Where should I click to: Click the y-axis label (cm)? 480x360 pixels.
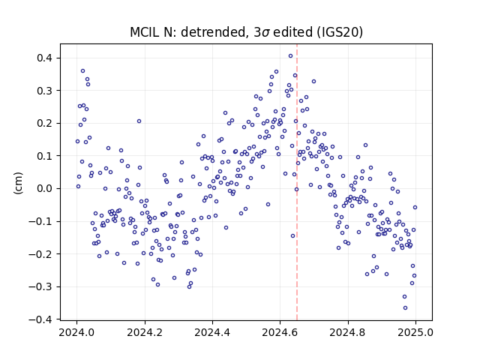(x=18, y=183)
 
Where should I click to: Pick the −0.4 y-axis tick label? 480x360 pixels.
(x=42, y=319)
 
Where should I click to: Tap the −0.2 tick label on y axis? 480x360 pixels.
(x=42, y=253)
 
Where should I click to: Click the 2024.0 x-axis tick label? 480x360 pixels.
(x=76, y=332)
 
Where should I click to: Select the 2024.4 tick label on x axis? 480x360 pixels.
(x=212, y=332)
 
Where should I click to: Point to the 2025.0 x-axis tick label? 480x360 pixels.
(x=415, y=332)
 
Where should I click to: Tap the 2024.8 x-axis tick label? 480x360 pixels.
(x=348, y=332)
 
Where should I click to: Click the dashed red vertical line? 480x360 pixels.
(x=297, y=182)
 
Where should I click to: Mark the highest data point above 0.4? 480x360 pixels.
(x=290, y=56)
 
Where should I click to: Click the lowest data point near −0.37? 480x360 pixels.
(x=405, y=308)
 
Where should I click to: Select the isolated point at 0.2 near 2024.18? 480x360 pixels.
(x=139, y=121)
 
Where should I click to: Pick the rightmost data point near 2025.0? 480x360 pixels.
(x=415, y=208)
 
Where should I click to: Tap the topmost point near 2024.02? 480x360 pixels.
(x=82, y=71)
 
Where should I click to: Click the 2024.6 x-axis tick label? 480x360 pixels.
(x=280, y=332)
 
